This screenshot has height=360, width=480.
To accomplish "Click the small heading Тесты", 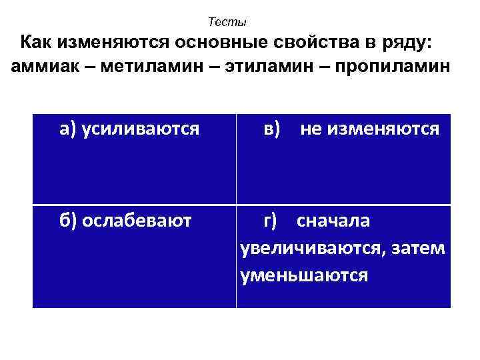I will [x=227, y=22].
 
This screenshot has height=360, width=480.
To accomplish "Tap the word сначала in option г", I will [x=333, y=221].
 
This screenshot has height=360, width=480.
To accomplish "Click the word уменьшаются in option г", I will [x=303, y=275].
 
